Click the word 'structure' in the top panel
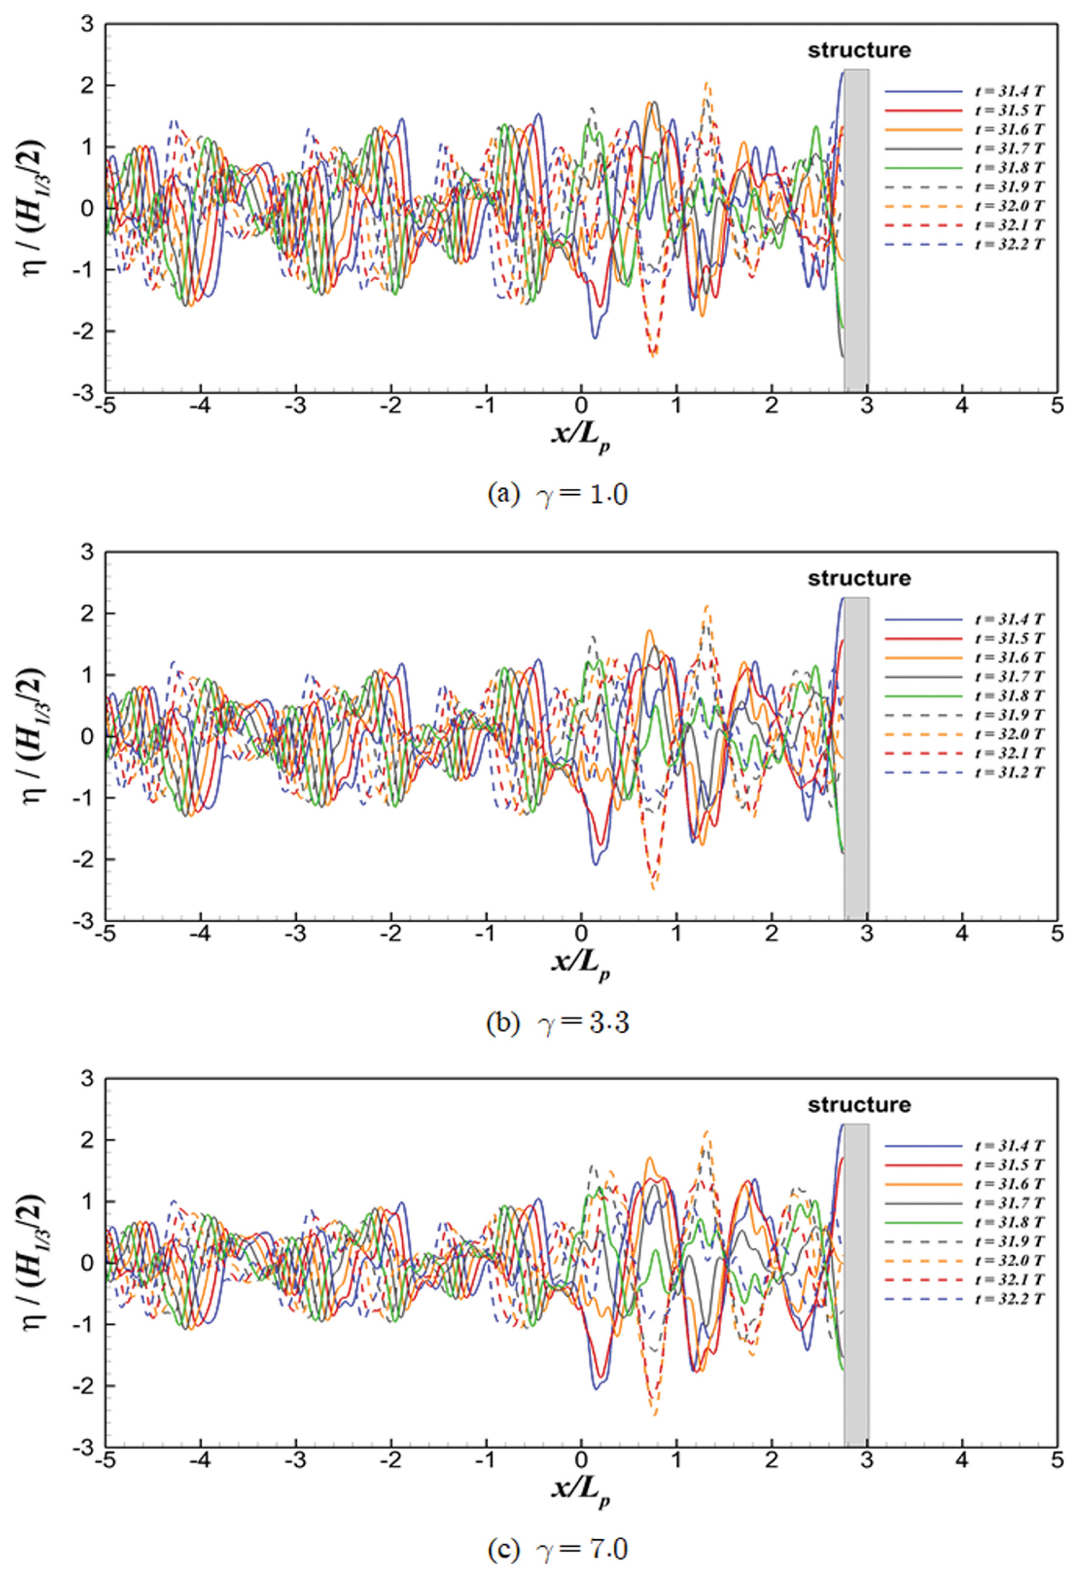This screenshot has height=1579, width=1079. pos(859,50)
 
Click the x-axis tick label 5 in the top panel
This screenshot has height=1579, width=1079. pos(1056,405)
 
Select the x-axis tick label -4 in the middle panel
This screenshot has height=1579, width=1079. pos(200,934)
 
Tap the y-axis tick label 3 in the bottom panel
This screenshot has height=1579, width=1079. pos(87,1079)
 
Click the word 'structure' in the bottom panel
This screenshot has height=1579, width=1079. pos(859,1105)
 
